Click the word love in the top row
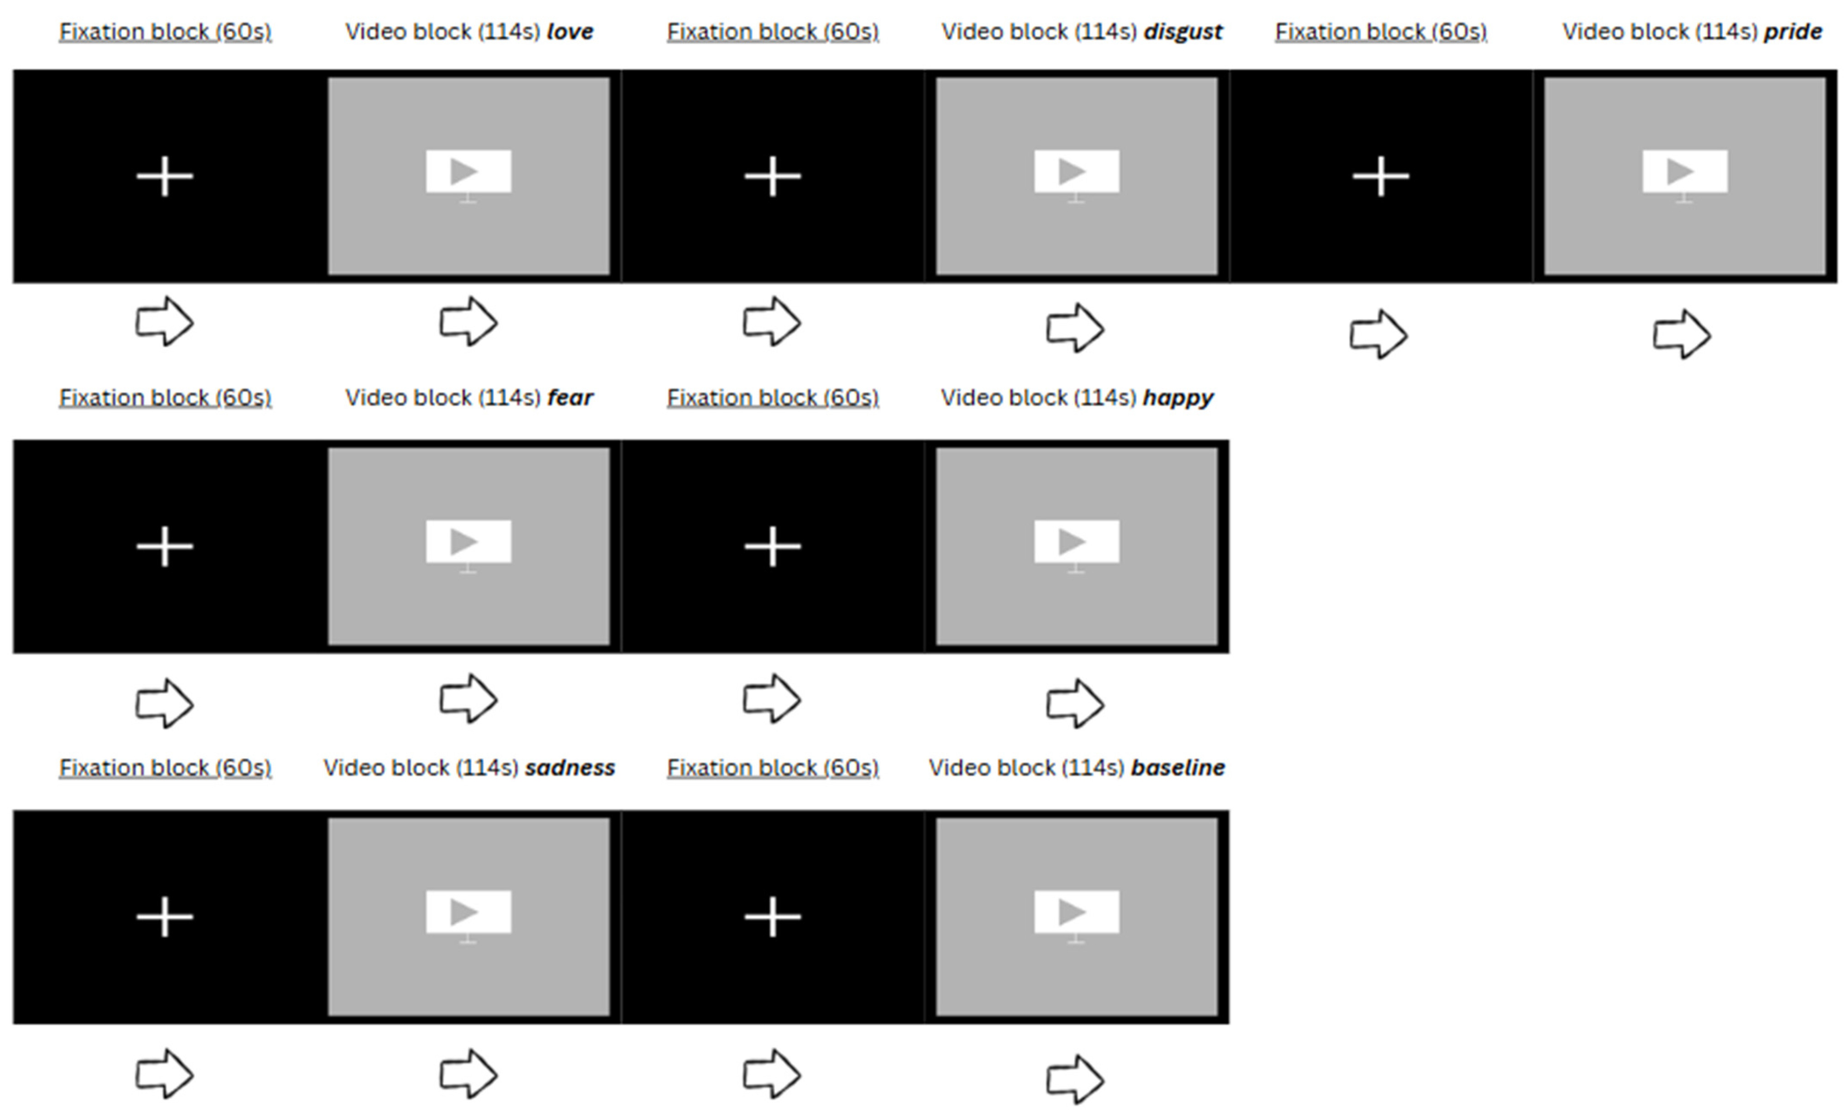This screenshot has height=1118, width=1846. [570, 31]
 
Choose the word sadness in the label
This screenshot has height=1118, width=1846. [570, 767]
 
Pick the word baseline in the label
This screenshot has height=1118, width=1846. [1178, 767]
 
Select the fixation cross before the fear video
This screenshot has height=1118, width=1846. [165, 546]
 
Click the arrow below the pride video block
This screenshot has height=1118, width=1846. [1682, 334]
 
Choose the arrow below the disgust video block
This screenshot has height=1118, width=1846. [1075, 327]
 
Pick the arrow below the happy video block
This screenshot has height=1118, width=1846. [1075, 703]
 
